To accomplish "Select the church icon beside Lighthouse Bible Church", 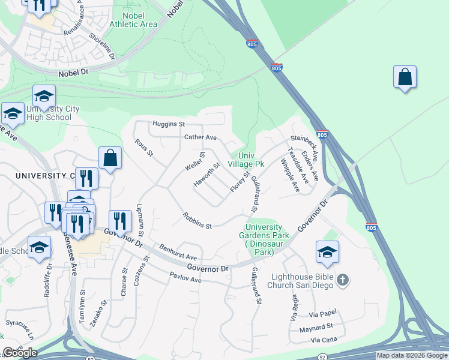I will pyautogui.click(x=342, y=280).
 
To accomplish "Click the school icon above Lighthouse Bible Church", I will pyautogui.click(x=327, y=252).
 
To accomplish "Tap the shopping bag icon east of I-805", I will pyautogui.click(x=405, y=77).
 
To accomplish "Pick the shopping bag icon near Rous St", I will pyautogui.click(x=110, y=159).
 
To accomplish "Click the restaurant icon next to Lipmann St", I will pyautogui.click(x=120, y=221).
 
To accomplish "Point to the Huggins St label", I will pyautogui.click(x=168, y=124).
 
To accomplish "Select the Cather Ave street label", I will pyautogui.click(x=200, y=137).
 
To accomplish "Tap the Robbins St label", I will pyautogui.click(x=197, y=222).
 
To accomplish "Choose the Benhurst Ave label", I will pyautogui.click(x=178, y=252).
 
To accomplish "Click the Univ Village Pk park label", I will pyautogui.click(x=246, y=159).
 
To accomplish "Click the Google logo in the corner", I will pyautogui.click(x=20, y=353).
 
